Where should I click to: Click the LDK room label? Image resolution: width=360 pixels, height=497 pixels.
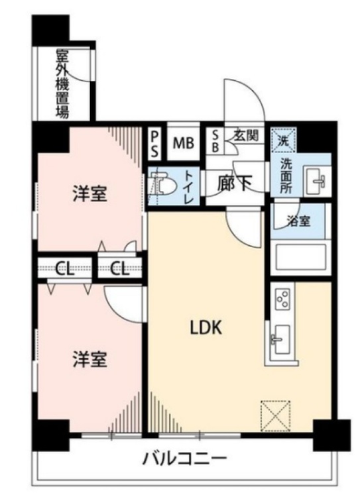pyautogui.click(x=206, y=327)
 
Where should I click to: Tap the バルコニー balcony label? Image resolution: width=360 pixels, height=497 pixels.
pyautogui.click(x=185, y=458)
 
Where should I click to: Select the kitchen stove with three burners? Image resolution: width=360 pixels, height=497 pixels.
pyautogui.click(x=281, y=300)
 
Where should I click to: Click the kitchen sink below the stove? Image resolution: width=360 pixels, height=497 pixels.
pyautogui.click(x=278, y=340)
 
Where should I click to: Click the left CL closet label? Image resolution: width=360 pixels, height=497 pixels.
pyautogui.click(x=64, y=268)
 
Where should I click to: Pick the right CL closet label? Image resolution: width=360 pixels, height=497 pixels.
pyautogui.click(x=120, y=268)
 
